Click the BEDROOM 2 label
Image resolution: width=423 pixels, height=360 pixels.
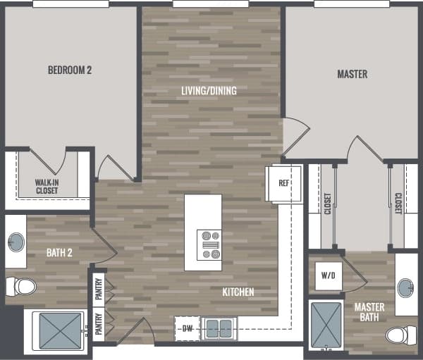pos(70,70)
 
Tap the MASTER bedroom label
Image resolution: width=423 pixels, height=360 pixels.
pos(352,74)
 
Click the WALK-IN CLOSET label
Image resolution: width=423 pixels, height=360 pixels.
pos(47,186)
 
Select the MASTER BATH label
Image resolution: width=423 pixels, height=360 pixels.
pos(369,312)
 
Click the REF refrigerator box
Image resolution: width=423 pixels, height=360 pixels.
pos(284,184)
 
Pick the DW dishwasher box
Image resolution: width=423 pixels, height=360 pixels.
pos(187,328)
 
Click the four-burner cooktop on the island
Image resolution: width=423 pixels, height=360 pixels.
pos(209,244)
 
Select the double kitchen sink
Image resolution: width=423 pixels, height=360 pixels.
pos(219,328)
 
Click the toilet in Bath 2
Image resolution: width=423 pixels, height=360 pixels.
pos(21,287)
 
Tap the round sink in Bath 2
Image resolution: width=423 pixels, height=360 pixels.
pos(16,243)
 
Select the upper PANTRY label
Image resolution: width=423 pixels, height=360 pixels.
pos(99,287)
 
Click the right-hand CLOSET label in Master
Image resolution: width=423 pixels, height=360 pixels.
pos(398,204)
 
